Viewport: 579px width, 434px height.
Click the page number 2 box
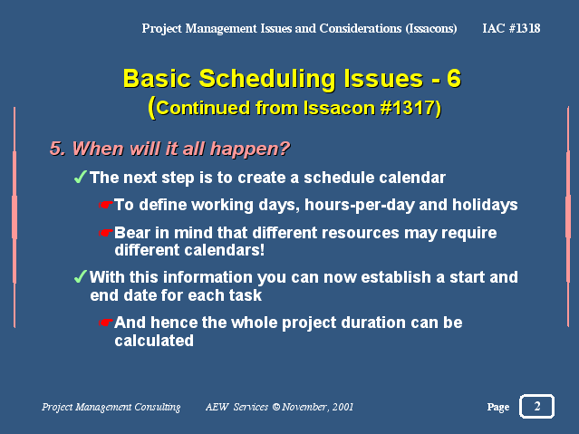[536, 406]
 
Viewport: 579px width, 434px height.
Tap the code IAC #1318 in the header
[511, 28]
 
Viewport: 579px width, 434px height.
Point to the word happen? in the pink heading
[249, 149]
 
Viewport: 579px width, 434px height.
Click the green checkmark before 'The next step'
[81, 177]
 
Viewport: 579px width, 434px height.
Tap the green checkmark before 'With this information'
[81, 276]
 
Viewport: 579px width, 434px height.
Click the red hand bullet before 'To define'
[106, 204]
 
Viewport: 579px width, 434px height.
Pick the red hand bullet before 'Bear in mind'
[106, 233]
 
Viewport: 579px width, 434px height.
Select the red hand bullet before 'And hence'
[106, 323]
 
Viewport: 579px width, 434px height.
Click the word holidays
[485, 205]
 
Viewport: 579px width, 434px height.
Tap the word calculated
[154, 340]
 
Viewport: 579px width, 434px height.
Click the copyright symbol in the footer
[276, 407]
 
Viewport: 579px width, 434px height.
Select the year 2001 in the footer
[343, 407]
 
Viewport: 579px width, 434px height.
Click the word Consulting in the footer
[158, 407]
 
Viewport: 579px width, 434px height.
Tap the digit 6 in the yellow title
[454, 78]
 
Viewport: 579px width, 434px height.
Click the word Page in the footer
[498, 408]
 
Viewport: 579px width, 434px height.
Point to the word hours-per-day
[359, 206]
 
